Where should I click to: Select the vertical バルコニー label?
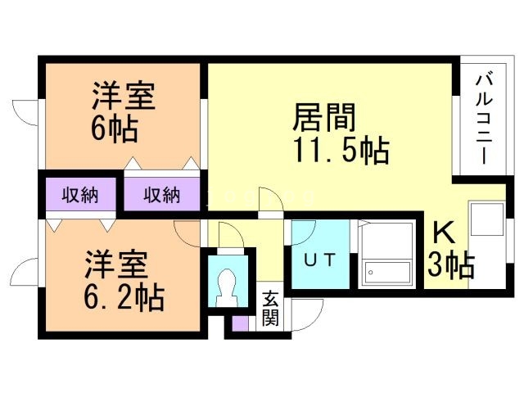point(483,119)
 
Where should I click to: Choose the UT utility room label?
point(318,260)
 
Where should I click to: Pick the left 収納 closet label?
point(80,195)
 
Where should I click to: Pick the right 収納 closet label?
point(161,195)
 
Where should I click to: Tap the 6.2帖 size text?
point(122,296)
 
